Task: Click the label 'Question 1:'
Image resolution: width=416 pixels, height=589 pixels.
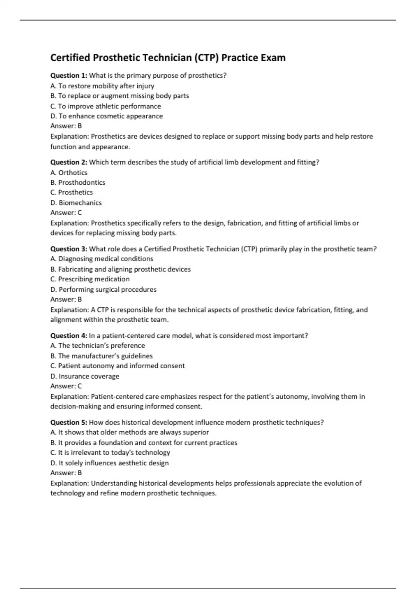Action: click(69, 76)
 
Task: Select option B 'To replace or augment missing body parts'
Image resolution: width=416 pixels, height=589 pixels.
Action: click(120, 96)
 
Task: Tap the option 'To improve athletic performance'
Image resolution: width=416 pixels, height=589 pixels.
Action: click(106, 106)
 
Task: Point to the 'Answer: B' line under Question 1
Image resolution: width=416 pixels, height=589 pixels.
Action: click(66, 126)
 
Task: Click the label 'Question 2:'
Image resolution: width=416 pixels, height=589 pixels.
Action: click(69, 162)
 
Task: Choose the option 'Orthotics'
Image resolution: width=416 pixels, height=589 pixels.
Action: click(69, 173)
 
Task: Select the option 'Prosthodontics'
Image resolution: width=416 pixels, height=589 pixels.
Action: click(78, 183)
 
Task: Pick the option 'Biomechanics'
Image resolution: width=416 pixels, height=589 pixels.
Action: click(76, 203)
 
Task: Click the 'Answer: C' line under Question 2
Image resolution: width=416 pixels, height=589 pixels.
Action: click(66, 213)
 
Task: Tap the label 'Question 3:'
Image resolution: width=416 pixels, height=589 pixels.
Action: click(69, 249)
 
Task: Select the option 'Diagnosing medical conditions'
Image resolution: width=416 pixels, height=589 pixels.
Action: click(102, 259)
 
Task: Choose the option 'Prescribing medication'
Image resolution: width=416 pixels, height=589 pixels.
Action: click(90, 279)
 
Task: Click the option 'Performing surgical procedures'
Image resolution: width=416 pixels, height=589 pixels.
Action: click(103, 289)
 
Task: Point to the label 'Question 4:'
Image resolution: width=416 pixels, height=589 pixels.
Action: click(69, 335)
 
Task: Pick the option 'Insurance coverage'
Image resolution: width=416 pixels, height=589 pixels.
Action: click(85, 376)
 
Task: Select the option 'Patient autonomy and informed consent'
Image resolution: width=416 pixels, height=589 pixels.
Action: click(118, 366)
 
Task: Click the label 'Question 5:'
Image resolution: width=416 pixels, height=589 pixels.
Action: click(69, 422)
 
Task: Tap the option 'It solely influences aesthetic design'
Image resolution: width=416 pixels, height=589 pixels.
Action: click(110, 463)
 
